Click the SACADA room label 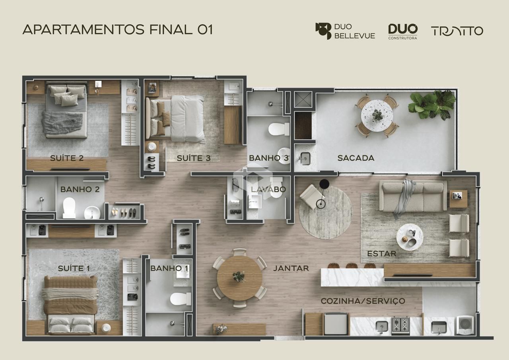coord(356,158)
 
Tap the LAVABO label coord(268,189)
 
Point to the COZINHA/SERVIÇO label coord(363,301)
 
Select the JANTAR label coord(291,268)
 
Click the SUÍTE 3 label coord(194,158)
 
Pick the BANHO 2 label coord(80,189)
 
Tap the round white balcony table coord(377,115)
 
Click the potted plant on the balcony coord(432,105)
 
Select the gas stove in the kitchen coord(400,326)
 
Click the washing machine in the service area coord(465,325)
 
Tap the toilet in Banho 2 coord(69,208)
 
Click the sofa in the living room coord(413,195)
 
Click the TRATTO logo coord(457,31)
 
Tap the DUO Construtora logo coord(403,31)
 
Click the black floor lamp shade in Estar coord(324,184)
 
